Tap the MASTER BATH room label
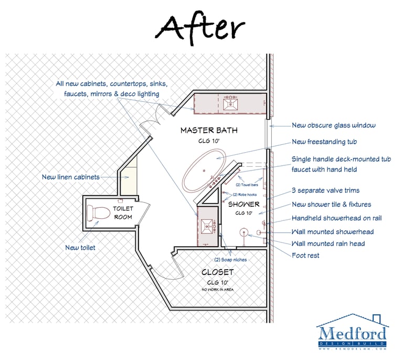[x=209, y=130]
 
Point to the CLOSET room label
[x=217, y=272]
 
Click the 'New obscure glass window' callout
[x=333, y=125]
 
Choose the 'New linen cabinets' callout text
[x=71, y=177]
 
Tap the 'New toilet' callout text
[x=80, y=247]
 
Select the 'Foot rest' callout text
[x=305, y=256]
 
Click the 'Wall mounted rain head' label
[x=328, y=243]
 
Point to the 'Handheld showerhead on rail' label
[x=333, y=218]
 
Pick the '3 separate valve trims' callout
[x=326, y=190]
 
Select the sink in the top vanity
[x=230, y=103]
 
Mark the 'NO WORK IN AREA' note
[x=217, y=290]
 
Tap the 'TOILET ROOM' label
[x=123, y=213]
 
